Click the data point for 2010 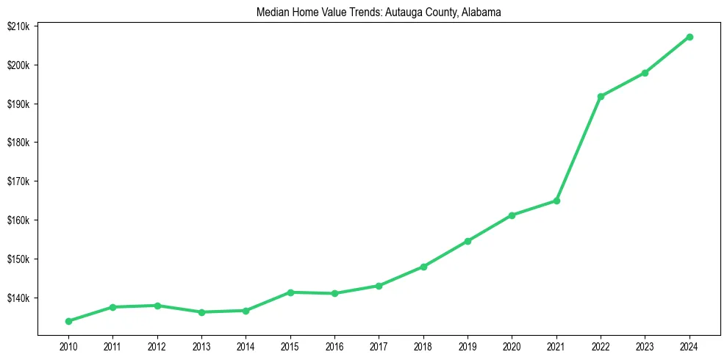coord(68,321)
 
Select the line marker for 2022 coord(601,96)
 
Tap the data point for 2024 coord(690,37)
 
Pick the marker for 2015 coord(290,292)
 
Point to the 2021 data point coord(556,201)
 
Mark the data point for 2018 coord(423,267)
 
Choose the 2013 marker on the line coord(201,312)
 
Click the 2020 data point coord(512,215)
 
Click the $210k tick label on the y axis coord(18,26)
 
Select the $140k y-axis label coord(18,298)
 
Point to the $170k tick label coord(18,181)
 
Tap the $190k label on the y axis coord(18,104)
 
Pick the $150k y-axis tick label coord(18,259)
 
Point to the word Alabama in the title coord(481,12)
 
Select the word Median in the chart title coord(271,12)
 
